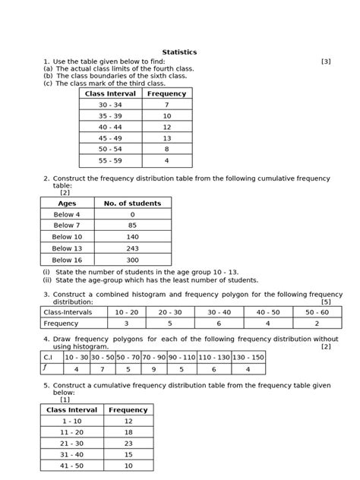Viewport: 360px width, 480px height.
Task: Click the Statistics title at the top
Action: coord(179,52)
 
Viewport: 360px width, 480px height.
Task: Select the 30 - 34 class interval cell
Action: coord(110,105)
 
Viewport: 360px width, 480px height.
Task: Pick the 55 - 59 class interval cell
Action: coord(110,161)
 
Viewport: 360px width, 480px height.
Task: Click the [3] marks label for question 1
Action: coord(326,61)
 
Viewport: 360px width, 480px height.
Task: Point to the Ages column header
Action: coord(67,204)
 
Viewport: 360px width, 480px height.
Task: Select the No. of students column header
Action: coord(132,204)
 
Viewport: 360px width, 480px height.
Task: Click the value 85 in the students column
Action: coord(132,226)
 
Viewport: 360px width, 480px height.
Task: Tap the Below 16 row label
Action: coord(67,259)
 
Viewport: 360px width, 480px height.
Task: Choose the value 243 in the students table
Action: coord(132,248)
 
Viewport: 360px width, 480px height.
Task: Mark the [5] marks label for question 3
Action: coord(326,302)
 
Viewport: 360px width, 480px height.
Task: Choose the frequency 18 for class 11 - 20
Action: coord(128,431)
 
